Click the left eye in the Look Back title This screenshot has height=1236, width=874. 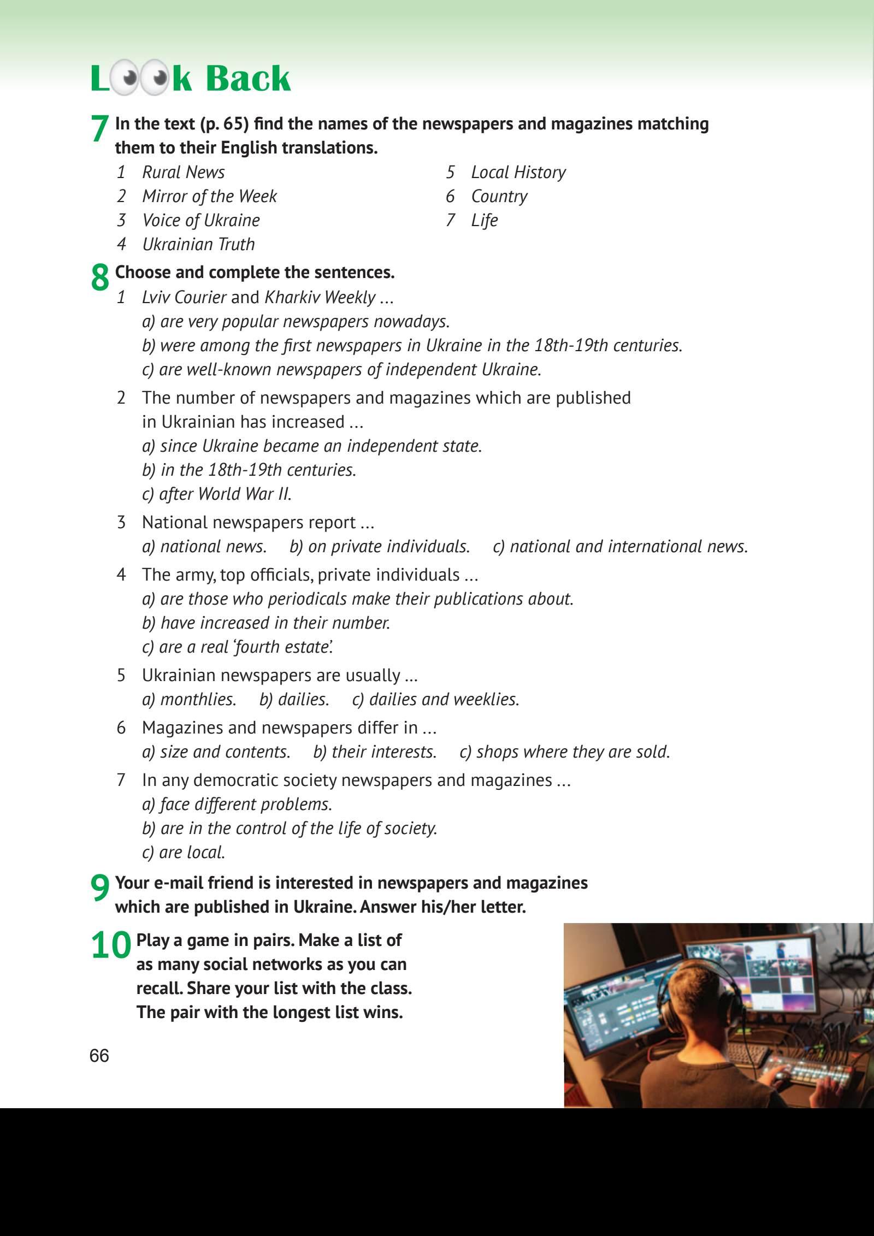pyautogui.click(x=129, y=79)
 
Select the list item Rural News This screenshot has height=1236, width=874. pyautogui.click(x=183, y=172)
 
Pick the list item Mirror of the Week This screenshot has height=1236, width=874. pyautogui.click(x=209, y=196)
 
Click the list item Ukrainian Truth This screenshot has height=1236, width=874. pyautogui.click(x=198, y=244)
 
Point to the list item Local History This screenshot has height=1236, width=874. pyautogui.click(x=518, y=172)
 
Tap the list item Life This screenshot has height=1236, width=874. pyautogui.click(x=484, y=220)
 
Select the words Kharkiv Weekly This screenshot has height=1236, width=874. pyautogui.click(x=320, y=297)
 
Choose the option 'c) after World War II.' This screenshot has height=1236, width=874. pyautogui.click(x=216, y=494)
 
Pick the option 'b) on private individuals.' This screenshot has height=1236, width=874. pyautogui.click(x=380, y=546)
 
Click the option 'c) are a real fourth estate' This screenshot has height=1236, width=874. pyautogui.click(x=238, y=647)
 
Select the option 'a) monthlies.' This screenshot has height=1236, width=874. pyautogui.click(x=189, y=699)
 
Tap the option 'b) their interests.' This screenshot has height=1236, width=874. pyautogui.click(x=375, y=752)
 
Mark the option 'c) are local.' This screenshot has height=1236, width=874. pyautogui.click(x=184, y=852)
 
